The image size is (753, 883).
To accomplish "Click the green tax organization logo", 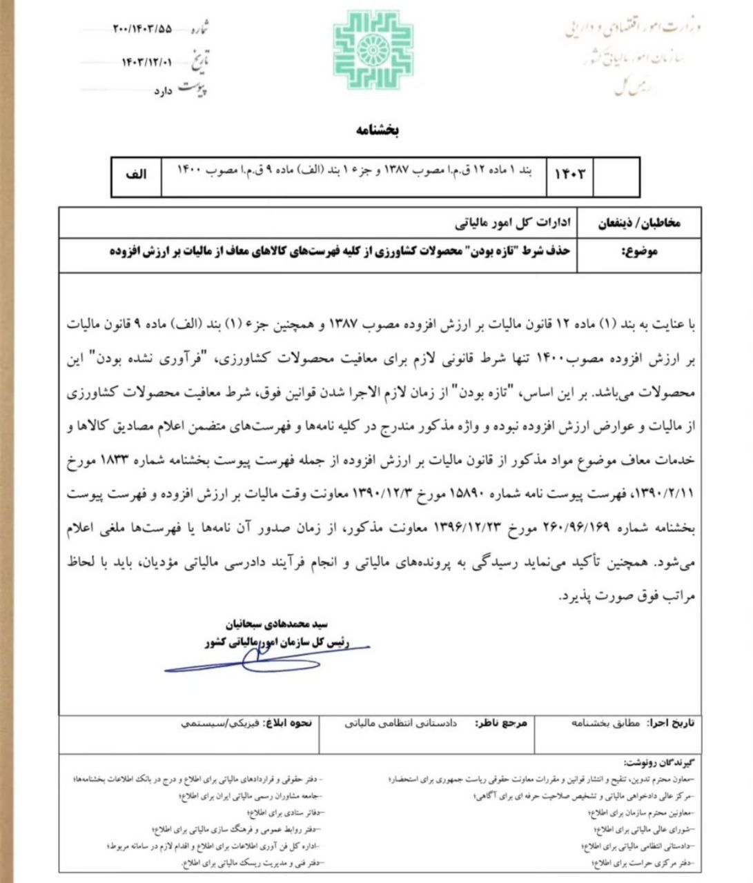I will pos(373,50).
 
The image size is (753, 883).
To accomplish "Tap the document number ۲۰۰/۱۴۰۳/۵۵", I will pos(141,29).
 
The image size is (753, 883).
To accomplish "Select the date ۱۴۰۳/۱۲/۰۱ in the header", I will pos(146,61).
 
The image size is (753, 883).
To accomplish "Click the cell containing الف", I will pos(136,175).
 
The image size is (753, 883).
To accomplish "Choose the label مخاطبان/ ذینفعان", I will pos(638,224).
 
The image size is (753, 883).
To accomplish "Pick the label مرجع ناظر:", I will pos(501,723).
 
